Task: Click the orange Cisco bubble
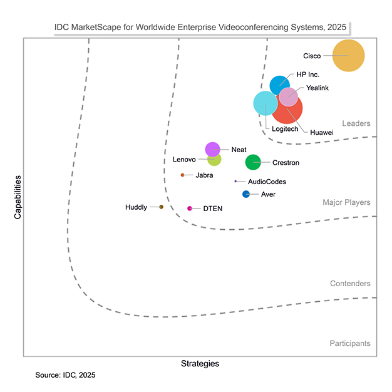[x=348, y=56]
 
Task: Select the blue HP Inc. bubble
[x=279, y=85]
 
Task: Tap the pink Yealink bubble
[x=288, y=97]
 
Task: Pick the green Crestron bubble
[x=253, y=162]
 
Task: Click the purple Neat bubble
[x=212, y=149]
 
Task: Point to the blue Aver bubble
[x=246, y=194]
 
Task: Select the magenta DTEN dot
[x=190, y=209]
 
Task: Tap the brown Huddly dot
[x=162, y=207]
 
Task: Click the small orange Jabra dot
[x=182, y=175]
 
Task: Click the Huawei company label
[x=321, y=132]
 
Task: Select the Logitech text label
[x=285, y=129]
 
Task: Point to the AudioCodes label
[x=267, y=182]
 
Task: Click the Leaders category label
[x=356, y=123]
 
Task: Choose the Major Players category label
[x=346, y=202]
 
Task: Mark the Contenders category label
[x=350, y=284]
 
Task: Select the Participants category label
[x=349, y=343]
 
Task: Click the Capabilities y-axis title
[x=18, y=197]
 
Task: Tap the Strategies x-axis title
[x=200, y=363]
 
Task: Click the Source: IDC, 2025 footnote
[x=65, y=375]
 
